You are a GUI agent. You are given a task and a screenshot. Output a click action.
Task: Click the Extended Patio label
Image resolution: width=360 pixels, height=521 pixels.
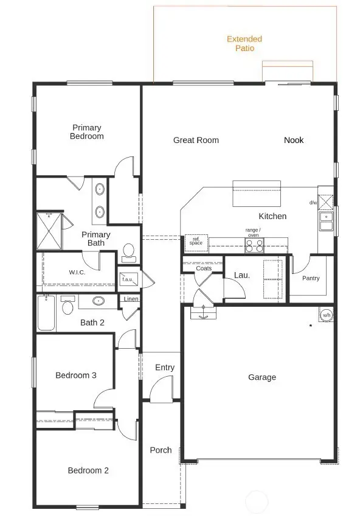coord(240,43)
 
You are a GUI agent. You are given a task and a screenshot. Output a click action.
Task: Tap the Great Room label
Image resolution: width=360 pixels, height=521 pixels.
coord(196,140)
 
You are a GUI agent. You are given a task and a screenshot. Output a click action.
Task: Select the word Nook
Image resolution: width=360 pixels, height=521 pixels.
coord(294,140)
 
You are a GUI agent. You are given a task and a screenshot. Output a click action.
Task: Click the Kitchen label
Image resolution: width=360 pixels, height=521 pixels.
coord(272,216)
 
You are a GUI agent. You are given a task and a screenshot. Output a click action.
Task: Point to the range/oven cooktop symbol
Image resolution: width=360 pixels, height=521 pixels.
coord(254,245)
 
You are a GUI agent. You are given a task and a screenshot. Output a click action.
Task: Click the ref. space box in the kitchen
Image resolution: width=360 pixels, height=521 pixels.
coord(196,242)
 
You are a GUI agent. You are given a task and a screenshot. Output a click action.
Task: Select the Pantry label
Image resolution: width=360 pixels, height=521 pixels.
coord(311,278)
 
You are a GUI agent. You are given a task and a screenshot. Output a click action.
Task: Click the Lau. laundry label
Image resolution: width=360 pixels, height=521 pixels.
coord(242,275)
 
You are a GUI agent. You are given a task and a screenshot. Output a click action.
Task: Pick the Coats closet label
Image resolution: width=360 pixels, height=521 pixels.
coord(204,268)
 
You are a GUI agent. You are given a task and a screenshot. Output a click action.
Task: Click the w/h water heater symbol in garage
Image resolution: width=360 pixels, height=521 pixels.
coord(327,315)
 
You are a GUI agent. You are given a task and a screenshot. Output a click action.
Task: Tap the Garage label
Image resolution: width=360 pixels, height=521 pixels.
coord(262,377)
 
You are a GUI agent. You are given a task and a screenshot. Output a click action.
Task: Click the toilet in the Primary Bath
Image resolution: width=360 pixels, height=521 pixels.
coord(128,251)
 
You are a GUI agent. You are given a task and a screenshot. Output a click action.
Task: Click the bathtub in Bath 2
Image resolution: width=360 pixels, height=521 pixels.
coord(46,313)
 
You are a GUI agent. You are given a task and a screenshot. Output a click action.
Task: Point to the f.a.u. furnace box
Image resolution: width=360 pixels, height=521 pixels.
coord(128,279)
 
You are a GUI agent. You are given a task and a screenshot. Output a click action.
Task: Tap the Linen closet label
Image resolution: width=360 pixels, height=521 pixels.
coord(131,299)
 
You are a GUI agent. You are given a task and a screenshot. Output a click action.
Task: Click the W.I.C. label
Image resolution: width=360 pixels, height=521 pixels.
coord(77,272)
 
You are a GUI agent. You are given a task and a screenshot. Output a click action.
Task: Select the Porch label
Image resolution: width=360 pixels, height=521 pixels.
coord(161,450)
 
